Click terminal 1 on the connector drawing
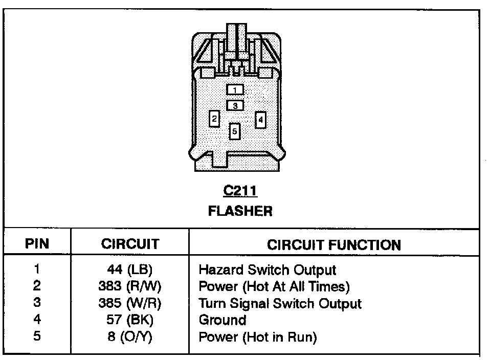235,90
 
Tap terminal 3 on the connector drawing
235,105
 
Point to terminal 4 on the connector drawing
260,120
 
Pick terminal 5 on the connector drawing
234,131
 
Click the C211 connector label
240,192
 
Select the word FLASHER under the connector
240,211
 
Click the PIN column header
37,243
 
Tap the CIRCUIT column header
130,243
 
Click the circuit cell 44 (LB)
130,269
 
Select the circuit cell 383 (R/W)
130,286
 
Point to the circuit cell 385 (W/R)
130,303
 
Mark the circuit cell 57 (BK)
130,320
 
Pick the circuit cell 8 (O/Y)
130,337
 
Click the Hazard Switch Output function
267,269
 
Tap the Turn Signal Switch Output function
280,303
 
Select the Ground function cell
222,320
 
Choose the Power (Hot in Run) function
257,337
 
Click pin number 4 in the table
37,320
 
